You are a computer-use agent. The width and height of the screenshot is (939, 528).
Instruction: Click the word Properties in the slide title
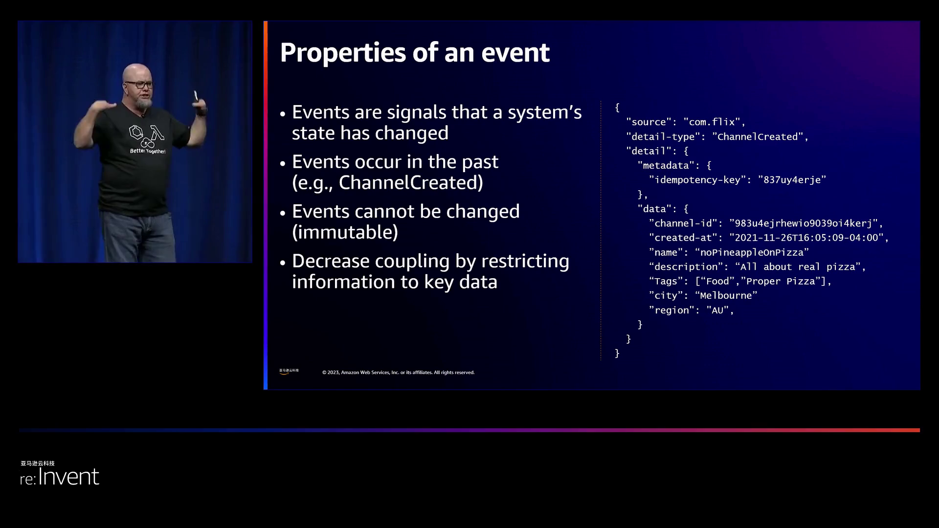coord(342,53)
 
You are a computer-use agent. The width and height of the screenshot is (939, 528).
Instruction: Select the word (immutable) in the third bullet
coord(345,232)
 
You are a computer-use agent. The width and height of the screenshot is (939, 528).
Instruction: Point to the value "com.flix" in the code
coord(712,122)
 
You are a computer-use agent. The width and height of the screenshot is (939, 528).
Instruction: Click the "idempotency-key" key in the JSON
coord(697,180)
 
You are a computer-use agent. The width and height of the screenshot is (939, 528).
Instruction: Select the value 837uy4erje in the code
coord(792,180)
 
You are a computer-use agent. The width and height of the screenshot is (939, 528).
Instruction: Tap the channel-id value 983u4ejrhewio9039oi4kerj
coord(804,223)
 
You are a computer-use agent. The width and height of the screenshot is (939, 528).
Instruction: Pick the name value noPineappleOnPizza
coord(752,253)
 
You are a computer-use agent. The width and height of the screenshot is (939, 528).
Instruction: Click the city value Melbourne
coord(726,296)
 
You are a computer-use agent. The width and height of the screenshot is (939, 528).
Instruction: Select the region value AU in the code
coord(717,310)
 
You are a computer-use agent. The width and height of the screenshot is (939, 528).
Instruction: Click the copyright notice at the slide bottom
coord(398,373)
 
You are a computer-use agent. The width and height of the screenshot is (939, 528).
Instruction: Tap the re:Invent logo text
coord(60,477)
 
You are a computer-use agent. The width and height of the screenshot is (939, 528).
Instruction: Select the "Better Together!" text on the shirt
coord(148,152)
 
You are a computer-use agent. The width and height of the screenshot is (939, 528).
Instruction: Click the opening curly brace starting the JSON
coord(617,108)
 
